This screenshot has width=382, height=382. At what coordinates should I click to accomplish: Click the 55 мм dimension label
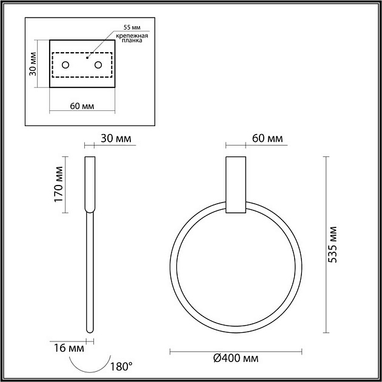130,28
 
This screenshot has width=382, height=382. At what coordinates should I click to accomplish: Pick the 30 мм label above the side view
116,139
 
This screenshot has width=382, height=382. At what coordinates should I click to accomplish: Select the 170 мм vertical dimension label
59,184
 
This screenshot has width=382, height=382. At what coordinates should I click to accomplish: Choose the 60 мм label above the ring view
267,139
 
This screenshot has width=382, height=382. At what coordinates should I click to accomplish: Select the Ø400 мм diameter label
236,358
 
